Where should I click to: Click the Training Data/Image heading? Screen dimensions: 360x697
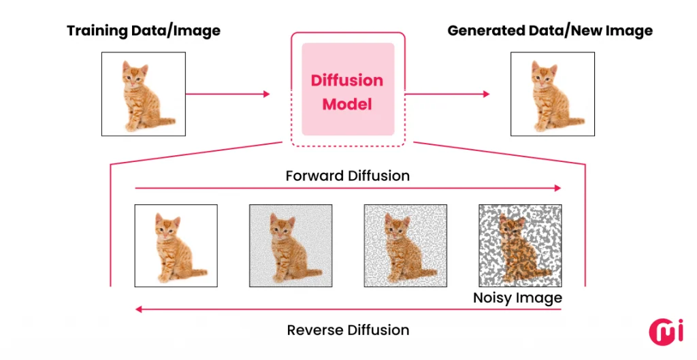coord(143,31)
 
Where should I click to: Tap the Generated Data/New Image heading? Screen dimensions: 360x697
coord(550,31)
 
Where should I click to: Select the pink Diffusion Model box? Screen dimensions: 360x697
coord(348,89)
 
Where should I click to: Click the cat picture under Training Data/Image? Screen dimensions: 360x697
coord(143,94)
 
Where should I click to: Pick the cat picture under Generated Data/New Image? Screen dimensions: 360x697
coord(553,94)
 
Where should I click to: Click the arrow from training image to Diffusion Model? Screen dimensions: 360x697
coord(228,94)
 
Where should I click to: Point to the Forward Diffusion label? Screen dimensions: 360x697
coord(348,176)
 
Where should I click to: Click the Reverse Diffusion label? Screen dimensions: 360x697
coord(348,330)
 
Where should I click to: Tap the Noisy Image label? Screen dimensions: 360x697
coord(517,298)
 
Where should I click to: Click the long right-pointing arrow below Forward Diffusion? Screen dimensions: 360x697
coord(348,187)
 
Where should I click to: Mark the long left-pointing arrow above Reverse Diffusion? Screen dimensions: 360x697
coord(348,310)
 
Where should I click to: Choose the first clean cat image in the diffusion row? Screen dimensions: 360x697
coord(176,245)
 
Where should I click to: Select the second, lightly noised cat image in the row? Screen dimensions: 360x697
coord(291,245)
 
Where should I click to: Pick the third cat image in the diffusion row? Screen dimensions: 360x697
coord(406,245)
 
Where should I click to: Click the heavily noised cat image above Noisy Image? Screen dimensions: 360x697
coord(520,245)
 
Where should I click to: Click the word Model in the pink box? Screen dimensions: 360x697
coord(347,105)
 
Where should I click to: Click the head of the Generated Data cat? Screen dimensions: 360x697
coord(543,73)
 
